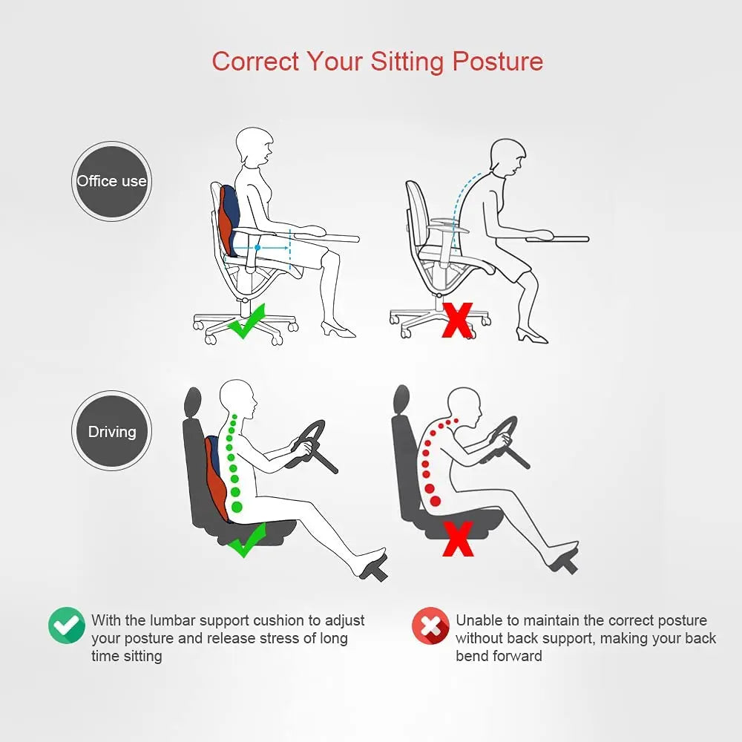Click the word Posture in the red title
click(x=498, y=61)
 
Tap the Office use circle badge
click(x=111, y=181)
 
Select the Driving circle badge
click(x=111, y=431)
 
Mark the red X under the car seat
click(x=458, y=539)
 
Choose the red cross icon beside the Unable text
click(x=430, y=626)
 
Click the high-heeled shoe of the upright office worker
click(x=338, y=329)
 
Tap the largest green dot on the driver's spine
click(x=237, y=507)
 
